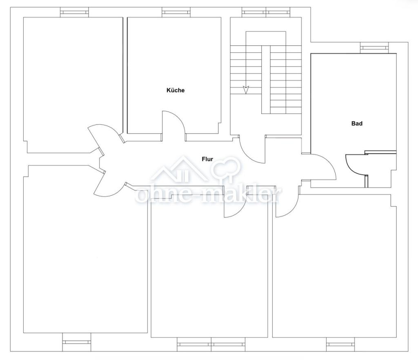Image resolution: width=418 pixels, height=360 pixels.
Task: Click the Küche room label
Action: coord(176,90)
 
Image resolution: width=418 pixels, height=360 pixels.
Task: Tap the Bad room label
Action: coord(357,123)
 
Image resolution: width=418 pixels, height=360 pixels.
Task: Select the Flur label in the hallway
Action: coord(207,159)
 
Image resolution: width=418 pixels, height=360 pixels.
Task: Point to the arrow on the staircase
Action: coord(246,90)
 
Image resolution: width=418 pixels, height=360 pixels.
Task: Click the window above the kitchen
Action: coord(176,12)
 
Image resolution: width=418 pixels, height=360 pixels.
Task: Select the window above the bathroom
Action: coord(374,48)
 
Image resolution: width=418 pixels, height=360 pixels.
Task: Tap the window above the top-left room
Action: coord(74,12)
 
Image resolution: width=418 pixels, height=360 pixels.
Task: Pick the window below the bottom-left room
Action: coord(76,342)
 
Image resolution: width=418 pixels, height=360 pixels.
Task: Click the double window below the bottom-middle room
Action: coord(211,344)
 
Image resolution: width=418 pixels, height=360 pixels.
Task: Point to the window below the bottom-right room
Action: coord(341,344)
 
